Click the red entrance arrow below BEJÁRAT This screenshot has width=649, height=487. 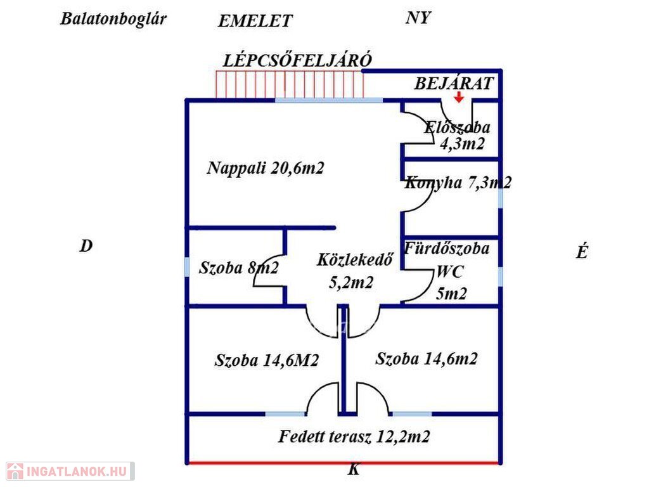[x=458, y=96]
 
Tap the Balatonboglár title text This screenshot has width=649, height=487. [x=113, y=18]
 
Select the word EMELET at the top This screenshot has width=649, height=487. [x=255, y=21]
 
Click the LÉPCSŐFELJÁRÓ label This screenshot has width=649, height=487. [x=297, y=60]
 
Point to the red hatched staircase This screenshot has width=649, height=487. [x=289, y=84]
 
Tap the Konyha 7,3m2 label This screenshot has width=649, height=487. [x=458, y=183]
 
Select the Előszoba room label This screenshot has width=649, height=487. [x=457, y=127]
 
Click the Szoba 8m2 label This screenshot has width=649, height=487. [x=238, y=268]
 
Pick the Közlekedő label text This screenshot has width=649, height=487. [x=356, y=259]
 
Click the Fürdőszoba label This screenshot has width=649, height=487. [x=447, y=249]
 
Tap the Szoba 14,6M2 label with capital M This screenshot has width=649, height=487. [x=266, y=361]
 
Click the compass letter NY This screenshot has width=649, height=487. [x=418, y=18]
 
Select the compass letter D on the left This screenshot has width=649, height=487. [x=86, y=247]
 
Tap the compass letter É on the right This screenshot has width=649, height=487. [x=582, y=252]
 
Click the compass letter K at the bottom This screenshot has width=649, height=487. [x=353, y=471]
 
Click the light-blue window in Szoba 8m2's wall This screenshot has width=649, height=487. [x=187, y=266]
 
